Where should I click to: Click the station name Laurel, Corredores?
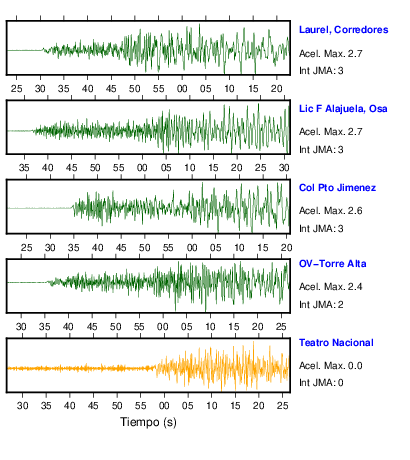click(x=344, y=30)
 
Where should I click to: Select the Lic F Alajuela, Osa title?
click(x=343, y=109)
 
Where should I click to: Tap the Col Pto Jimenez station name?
click(x=337, y=188)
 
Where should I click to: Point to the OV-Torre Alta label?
click(x=333, y=264)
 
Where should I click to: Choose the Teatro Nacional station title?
click(x=336, y=343)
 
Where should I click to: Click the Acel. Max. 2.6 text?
click(x=330, y=211)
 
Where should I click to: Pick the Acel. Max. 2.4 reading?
click(x=330, y=287)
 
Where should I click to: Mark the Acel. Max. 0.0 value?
click(x=330, y=366)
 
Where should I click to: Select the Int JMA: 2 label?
click(x=321, y=305)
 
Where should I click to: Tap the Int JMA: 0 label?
click(x=321, y=383)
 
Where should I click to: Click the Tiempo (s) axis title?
click(x=148, y=422)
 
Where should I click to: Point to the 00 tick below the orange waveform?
click(x=164, y=406)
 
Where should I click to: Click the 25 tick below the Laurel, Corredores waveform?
click(x=16, y=89)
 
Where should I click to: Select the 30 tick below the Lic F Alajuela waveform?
click(x=284, y=168)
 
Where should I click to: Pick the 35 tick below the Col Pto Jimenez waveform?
click(x=74, y=248)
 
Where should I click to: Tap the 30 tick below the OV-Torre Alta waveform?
click(x=21, y=327)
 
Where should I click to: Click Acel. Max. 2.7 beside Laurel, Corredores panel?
click(x=330, y=54)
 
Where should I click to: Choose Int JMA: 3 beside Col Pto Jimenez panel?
click(x=321, y=229)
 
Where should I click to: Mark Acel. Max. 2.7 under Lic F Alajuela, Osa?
click(x=330, y=132)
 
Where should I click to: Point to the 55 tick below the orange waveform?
click(x=140, y=406)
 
